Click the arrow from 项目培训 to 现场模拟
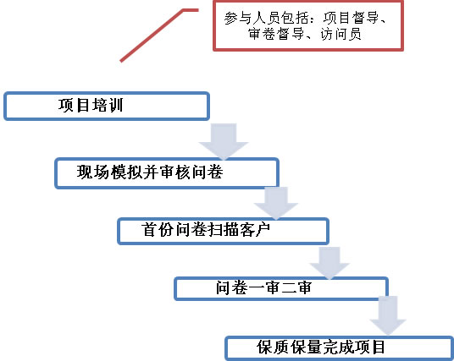(224, 141)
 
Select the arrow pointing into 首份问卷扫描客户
(276, 203)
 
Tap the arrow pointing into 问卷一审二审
(329, 263)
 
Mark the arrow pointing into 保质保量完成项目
(388, 315)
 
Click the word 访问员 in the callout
(340, 35)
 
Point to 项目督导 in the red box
(351, 18)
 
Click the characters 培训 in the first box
(108, 105)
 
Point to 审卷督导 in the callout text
(276, 35)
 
